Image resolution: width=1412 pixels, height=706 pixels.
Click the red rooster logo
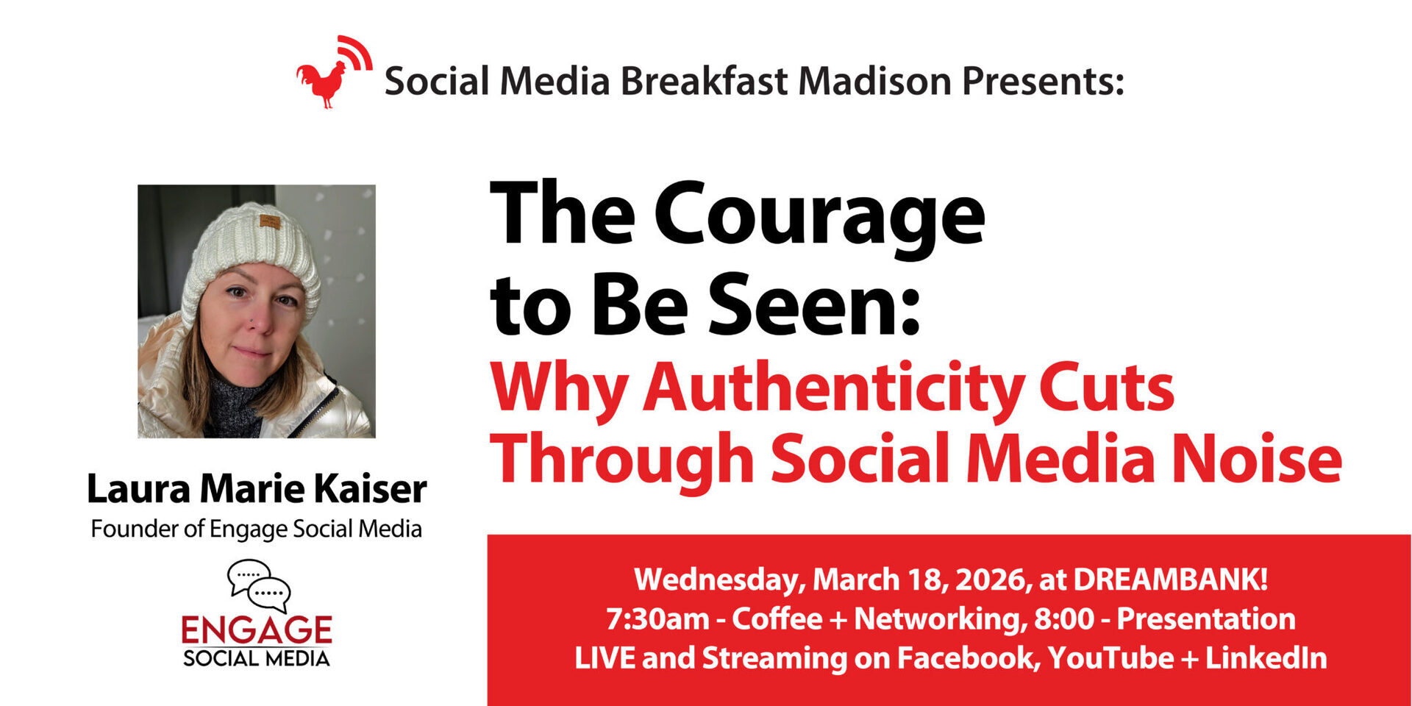coord(333,74)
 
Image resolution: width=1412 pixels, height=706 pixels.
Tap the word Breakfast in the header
coord(705,80)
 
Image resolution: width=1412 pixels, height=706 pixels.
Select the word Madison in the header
coord(875,80)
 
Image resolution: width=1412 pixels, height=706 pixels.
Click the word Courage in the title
coord(819,218)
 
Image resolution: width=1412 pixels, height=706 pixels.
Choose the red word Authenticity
coord(834,390)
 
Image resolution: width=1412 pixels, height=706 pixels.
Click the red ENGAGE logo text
coord(257,630)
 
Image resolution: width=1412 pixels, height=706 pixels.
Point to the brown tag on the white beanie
coord(270,221)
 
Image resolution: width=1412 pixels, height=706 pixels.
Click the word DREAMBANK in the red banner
coord(1170,580)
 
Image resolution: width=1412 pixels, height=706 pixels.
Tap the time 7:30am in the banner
coord(657,619)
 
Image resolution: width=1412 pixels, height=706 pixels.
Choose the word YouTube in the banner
coord(1110,657)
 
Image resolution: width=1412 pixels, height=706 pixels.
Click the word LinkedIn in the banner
coord(1266,657)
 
